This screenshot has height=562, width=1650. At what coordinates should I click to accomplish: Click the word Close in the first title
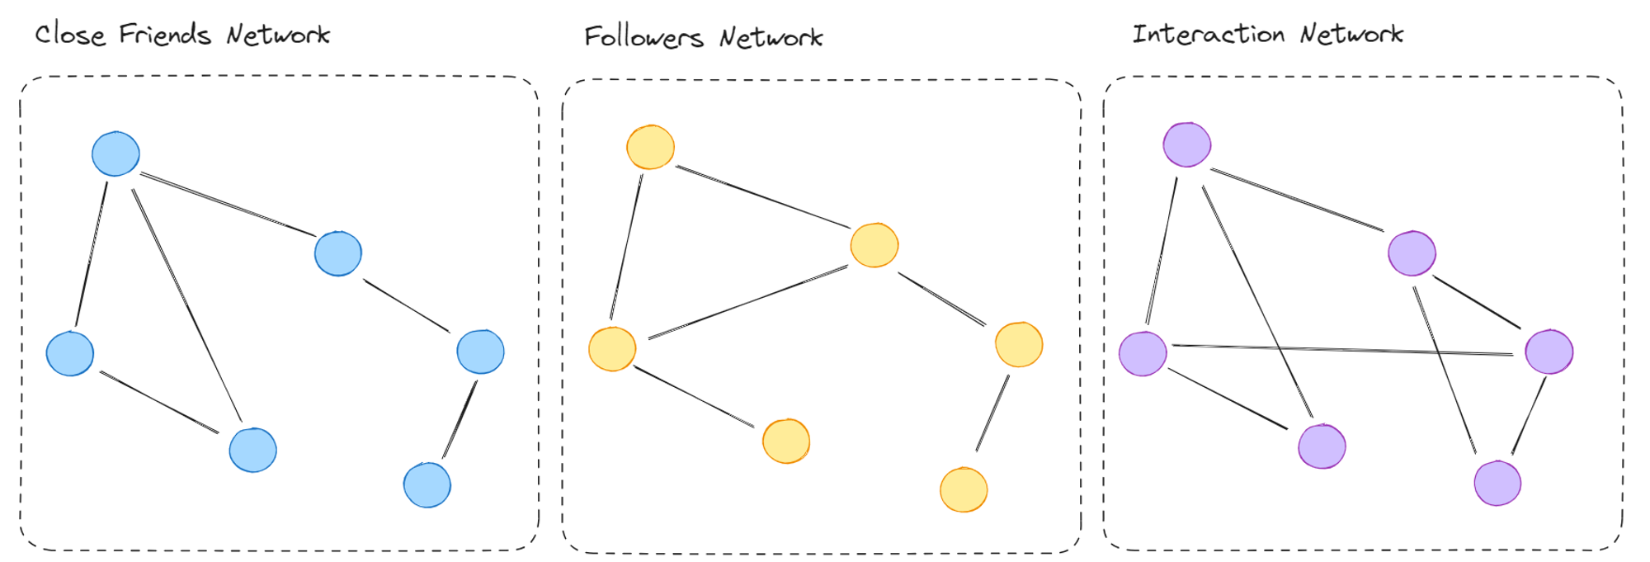[70, 35]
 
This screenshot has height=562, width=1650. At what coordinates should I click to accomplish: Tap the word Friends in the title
[165, 35]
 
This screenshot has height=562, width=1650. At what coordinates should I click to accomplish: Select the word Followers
[643, 37]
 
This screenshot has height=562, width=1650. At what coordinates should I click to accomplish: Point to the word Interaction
[1208, 34]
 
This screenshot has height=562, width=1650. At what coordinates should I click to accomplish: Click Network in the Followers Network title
[771, 37]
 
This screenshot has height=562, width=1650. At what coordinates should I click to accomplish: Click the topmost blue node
[115, 153]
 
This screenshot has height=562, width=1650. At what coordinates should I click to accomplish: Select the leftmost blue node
[70, 353]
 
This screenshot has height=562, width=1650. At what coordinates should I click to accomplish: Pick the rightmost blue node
[480, 352]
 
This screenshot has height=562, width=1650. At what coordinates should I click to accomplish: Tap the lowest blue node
[427, 485]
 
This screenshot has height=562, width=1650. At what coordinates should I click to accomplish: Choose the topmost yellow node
[651, 148]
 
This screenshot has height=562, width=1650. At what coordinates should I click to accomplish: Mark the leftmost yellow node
[612, 349]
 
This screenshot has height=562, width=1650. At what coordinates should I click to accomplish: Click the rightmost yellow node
[1019, 344]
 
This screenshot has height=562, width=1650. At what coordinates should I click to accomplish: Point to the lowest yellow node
[964, 490]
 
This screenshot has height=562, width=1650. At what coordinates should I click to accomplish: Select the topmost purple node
[1187, 144]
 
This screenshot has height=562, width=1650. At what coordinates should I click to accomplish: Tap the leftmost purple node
[1143, 354]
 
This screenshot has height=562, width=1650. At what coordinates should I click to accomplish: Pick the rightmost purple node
[1549, 352]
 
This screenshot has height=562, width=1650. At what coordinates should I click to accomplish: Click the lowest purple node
[1497, 483]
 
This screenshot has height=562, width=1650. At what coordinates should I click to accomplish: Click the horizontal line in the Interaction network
[1343, 350]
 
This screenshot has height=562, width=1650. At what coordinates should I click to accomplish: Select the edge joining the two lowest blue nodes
[460, 419]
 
